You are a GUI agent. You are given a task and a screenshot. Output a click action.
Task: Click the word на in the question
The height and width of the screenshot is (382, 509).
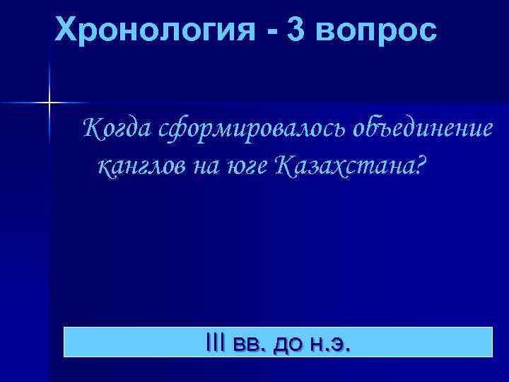coord(204,167)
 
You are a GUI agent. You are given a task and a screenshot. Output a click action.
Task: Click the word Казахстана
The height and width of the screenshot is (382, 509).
coord(343,166)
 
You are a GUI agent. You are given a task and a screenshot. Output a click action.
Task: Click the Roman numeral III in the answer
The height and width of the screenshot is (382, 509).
coord(212,342)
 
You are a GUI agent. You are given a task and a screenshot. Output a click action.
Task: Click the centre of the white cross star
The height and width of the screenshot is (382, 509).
coord(49,103)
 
